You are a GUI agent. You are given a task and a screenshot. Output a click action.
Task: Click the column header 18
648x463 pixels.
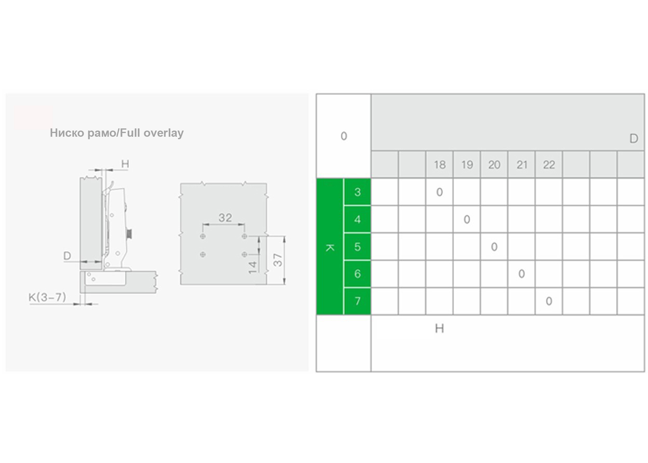(x=440, y=165)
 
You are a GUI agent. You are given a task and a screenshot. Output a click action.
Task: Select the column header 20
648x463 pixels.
(x=494, y=165)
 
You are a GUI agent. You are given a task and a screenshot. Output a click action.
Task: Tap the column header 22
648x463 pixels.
(x=549, y=165)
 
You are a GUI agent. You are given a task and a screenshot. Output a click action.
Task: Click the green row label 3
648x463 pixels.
(x=357, y=192)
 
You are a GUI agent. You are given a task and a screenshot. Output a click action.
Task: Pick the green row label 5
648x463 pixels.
(x=357, y=247)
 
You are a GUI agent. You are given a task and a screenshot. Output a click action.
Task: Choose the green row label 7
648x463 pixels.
(x=357, y=301)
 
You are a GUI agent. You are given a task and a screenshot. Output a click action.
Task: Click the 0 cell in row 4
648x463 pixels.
(x=467, y=219)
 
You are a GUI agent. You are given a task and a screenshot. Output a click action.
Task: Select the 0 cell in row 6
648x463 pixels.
(x=521, y=274)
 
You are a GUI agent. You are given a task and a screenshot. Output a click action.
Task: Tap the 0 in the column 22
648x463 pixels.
(x=549, y=301)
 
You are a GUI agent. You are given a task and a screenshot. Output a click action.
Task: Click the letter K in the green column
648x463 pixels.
(x=330, y=248)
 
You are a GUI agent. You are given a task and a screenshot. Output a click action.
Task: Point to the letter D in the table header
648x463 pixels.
(x=634, y=139)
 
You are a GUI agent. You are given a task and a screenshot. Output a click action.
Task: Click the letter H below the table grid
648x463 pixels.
(x=439, y=328)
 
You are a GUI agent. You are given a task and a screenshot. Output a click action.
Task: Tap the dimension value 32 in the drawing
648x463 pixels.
(x=225, y=218)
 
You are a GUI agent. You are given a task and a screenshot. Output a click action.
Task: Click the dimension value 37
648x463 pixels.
(x=278, y=260)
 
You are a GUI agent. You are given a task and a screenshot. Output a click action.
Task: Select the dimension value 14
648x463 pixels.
(x=252, y=267)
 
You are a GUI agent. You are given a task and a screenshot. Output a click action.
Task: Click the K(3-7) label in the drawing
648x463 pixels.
(x=47, y=297)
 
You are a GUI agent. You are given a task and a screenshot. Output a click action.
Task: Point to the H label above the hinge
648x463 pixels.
(x=125, y=164)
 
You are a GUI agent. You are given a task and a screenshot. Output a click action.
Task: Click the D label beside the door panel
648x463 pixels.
(x=67, y=256)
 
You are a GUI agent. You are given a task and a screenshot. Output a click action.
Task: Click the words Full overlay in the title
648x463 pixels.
(x=152, y=133)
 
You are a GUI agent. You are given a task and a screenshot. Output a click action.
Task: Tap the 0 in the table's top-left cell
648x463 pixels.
(x=344, y=136)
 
